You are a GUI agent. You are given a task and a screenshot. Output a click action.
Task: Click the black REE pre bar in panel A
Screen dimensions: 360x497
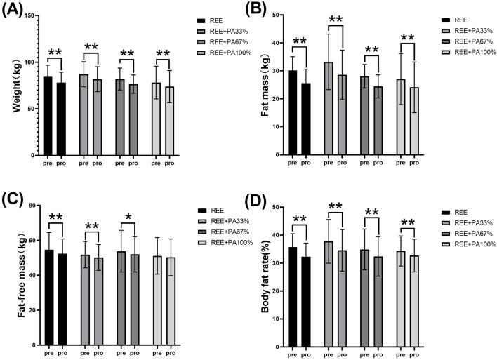[48, 116]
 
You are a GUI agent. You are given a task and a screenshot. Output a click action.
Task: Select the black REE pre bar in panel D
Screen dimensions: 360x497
[292, 295]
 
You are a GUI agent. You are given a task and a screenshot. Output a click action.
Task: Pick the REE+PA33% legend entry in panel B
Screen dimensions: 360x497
[468, 32]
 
